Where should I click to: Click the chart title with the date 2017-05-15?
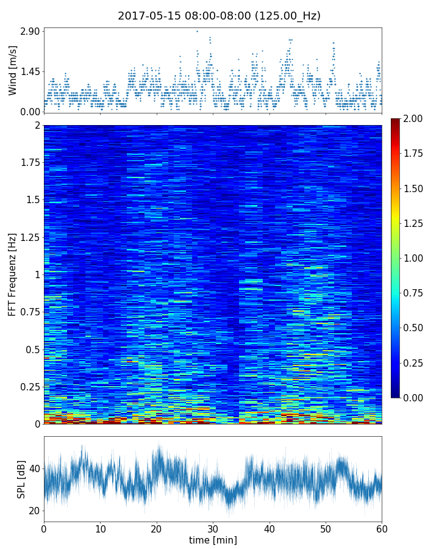click(x=219, y=16)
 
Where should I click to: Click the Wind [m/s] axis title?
click(x=13, y=72)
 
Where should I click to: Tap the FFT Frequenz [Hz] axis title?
click(x=12, y=274)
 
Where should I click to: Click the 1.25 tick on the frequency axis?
click(x=29, y=237)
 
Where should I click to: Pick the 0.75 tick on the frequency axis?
click(x=29, y=312)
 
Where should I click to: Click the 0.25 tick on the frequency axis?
click(x=29, y=387)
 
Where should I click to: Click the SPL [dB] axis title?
click(x=21, y=479)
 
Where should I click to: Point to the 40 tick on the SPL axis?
click(x=34, y=468)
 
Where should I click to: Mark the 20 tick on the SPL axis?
click(x=34, y=511)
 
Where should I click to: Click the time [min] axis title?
click(x=213, y=540)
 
